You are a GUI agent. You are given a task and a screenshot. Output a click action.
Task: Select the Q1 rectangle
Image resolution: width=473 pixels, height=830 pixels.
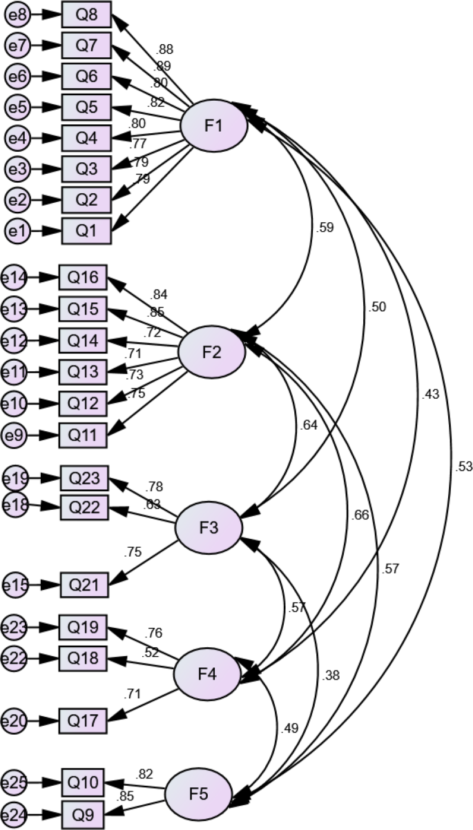(x=86, y=230)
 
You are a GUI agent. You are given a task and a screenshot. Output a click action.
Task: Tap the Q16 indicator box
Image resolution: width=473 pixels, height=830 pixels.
(x=83, y=278)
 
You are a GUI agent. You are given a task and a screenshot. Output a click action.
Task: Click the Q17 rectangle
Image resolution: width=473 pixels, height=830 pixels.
(x=82, y=722)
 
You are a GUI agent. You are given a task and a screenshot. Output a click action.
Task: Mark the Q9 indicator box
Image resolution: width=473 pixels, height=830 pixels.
(x=84, y=815)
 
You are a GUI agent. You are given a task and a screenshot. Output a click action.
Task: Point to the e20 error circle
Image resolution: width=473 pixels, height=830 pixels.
(x=15, y=722)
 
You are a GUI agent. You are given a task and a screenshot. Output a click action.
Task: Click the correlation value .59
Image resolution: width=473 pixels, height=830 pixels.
(x=325, y=227)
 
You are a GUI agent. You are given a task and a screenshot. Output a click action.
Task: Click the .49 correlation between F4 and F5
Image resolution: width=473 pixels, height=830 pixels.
(x=291, y=728)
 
